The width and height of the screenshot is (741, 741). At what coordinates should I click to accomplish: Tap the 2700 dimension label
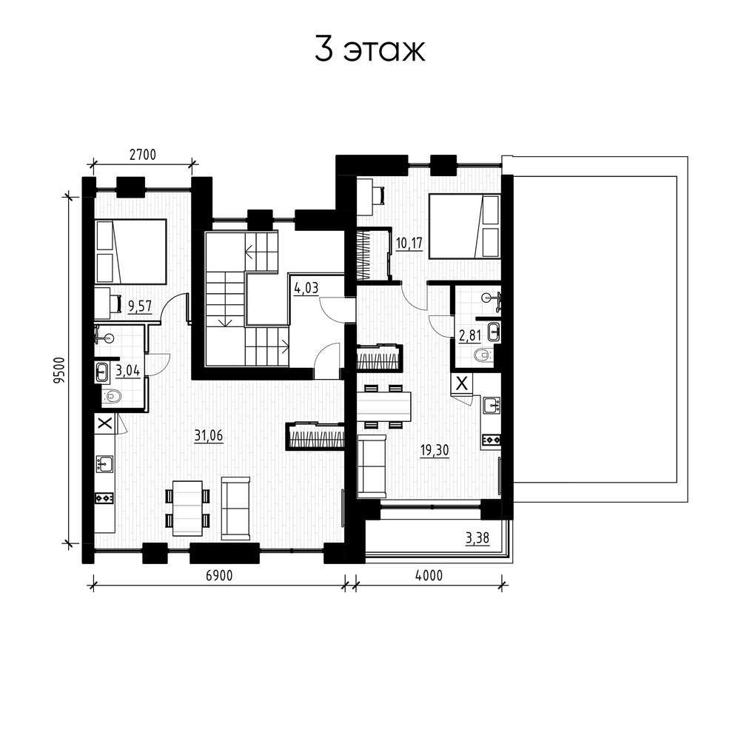pos(143,155)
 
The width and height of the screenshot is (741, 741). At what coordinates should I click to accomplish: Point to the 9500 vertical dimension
pos(58,370)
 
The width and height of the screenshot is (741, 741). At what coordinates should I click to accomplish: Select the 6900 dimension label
pos(220,575)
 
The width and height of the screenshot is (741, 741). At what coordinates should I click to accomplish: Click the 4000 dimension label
pos(429,575)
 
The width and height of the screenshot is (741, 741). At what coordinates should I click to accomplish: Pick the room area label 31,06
pos(209,435)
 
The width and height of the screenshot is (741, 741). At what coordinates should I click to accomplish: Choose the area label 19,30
pos(435,450)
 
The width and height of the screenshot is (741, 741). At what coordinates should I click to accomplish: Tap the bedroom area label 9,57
pos(140,306)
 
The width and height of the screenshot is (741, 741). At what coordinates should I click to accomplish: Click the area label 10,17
pos(409,244)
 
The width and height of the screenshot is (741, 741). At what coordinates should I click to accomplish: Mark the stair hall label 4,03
pos(306,288)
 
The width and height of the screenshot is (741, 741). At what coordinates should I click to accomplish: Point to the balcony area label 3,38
pos(477,537)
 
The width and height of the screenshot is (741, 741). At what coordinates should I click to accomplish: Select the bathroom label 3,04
pos(128,370)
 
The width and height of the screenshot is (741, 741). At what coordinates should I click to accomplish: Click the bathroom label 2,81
pos(470,336)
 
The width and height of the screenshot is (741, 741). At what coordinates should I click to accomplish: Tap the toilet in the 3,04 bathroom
pos(111,395)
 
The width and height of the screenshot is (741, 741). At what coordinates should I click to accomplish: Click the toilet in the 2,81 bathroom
pos(483,355)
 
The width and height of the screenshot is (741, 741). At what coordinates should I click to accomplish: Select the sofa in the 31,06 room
pos(235,508)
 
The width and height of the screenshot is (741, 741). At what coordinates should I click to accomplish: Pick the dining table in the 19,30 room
pos(383,406)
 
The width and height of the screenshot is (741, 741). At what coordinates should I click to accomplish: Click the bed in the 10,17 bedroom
pos(464,227)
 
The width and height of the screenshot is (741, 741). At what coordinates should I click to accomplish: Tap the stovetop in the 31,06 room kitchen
pos(104,497)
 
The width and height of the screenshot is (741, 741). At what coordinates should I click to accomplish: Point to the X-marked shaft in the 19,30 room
pos(462,383)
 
